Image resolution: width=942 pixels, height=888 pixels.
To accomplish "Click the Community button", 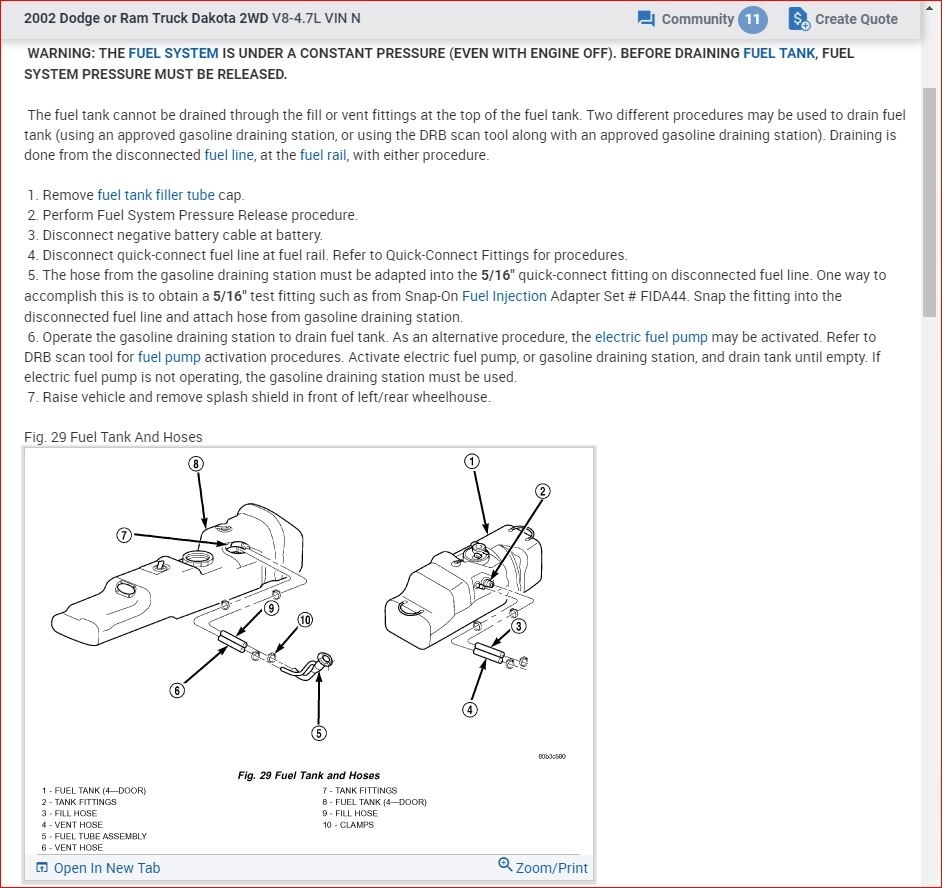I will [x=685, y=19].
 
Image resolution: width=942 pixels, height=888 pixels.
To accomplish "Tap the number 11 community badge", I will [x=752, y=19].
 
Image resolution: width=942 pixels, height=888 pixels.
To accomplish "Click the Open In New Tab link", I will [x=98, y=867].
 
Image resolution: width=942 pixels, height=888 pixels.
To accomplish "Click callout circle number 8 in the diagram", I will [x=195, y=463].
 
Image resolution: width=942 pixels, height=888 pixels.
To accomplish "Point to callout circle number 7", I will [x=124, y=535].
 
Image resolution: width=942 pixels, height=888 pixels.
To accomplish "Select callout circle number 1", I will [x=471, y=461].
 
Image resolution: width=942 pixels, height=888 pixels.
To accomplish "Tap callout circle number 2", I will [x=543, y=491].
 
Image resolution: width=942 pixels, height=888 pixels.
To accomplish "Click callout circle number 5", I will [x=319, y=733].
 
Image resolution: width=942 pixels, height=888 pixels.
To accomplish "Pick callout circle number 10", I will [x=305, y=620].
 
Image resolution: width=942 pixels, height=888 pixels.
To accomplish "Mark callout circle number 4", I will [x=470, y=710].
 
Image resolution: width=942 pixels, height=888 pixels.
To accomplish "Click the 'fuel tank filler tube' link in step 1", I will [x=156, y=195].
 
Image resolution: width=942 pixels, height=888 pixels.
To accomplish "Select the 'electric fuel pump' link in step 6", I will [x=651, y=337].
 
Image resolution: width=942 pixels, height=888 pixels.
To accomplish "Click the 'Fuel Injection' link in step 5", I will [x=504, y=296].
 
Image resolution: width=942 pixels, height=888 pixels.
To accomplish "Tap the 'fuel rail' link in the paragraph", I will [x=323, y=155].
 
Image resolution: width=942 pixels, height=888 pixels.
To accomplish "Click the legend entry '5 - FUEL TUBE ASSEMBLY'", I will [x=94, y=836].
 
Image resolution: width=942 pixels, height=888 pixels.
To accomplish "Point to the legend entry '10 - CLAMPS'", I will [x=348, y=825].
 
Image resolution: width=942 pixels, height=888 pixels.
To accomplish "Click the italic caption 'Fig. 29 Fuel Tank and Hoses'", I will [x=309, y=775].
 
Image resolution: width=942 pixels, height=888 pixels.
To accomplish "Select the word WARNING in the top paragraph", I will [x=59, y=53].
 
